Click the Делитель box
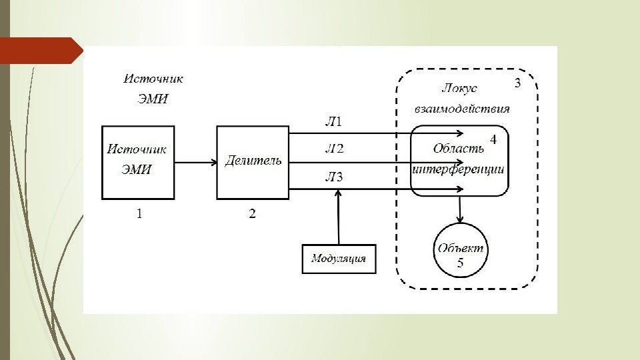pyautogui.click(x=253, y=162)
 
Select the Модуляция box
pyautogui.click(x=339, y=259)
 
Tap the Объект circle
pyautogui.click(x=460, y=249)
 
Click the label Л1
pyautogui.click(x=333, y=121)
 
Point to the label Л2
pyautogui.click(x=333, y=149)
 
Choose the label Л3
pyautogui.click(x=333, y=177)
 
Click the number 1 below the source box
pyautogui.click(x=139, y=214)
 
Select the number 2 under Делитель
pyautogui.click(x=252, y=214)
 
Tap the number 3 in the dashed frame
pyautogui.click(x=517, y=84)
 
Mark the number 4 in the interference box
pyautogui.click(x=493, y=140)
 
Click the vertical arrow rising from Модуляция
pyautogui.click(x=339, y=217)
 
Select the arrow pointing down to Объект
pyautogui.click(x=460, y=209)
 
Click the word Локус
pyautogui.click(x=459, y=88)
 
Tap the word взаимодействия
pyautogui.click(x=462, y=109)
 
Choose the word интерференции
pyautogui.click(x=459, y=169)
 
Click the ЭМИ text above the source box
pyautogui.click(x=153, y=99)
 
